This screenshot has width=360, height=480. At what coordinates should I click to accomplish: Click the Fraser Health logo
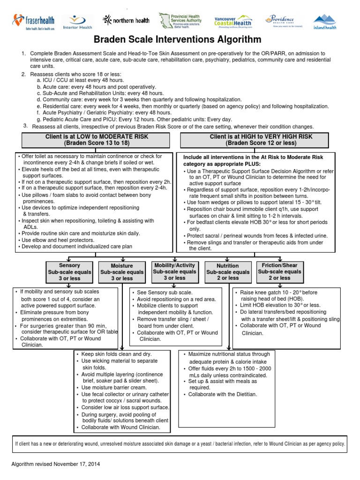point(34,22)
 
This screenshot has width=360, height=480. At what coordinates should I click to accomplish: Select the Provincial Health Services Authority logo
point(180,21)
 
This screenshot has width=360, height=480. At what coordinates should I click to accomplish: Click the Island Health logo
point(324,22)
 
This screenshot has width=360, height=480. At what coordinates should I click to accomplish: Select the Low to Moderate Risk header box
point(96,139)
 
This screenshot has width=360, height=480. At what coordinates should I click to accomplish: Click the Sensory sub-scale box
point(69,272)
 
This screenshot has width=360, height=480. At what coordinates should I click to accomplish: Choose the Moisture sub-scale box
point(122,272)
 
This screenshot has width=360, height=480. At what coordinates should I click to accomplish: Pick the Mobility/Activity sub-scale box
point(174,271)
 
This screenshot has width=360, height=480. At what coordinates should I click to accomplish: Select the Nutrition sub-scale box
point(228,272)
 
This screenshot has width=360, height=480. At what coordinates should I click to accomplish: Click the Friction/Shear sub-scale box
point(279,271)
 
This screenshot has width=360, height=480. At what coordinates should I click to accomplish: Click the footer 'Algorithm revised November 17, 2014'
point(56,464)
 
